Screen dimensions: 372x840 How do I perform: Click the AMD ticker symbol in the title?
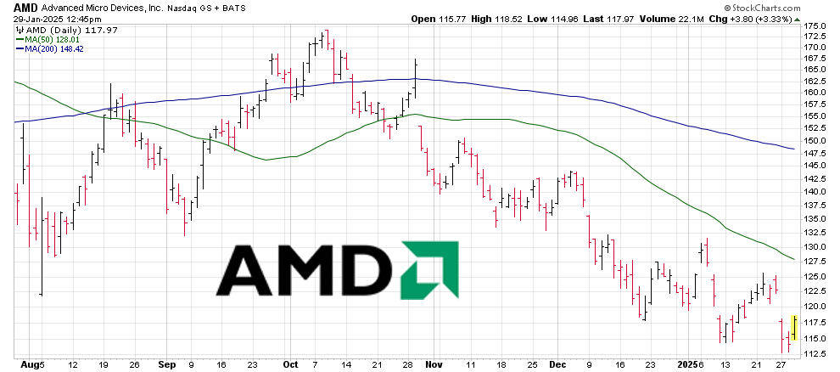click(25, 6)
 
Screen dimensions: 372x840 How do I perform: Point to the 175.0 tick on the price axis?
click(815, 26)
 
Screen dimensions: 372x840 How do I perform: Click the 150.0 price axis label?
click(815, 141)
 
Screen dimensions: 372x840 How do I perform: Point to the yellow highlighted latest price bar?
click(792, 328)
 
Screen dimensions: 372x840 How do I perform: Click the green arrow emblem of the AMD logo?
click(429, 271)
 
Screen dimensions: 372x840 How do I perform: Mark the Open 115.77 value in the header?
click(462, 18)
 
